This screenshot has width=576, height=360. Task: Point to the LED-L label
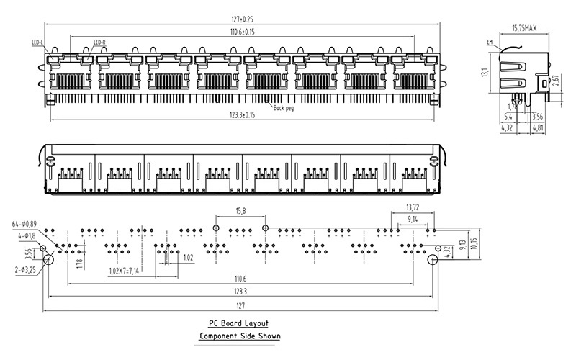[x=37, y=42]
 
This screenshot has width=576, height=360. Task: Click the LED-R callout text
[x=99, y=42]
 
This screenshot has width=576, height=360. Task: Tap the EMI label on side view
[x=490, y=42]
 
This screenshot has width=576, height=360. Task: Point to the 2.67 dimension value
[x=554, y=80]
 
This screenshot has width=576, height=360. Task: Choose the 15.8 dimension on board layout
[x=240, y=211]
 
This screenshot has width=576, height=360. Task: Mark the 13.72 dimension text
[x=412, y=207]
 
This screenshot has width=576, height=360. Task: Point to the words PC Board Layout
[x=240, y=324]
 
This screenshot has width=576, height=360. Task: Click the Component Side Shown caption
[x=240, y=336]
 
